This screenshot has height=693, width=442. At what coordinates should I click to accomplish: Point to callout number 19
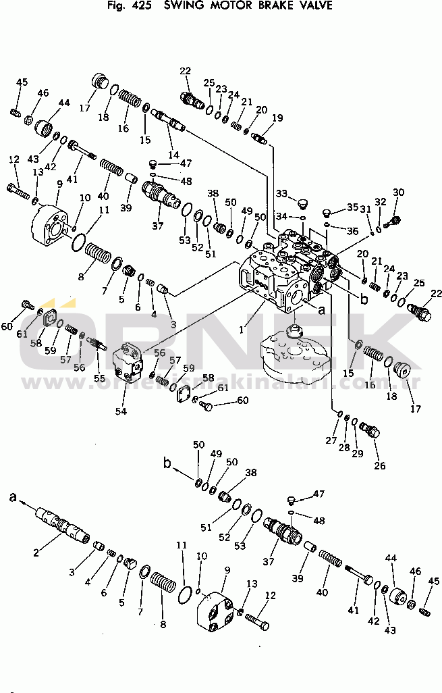pyautogui.click(x=277, y=118)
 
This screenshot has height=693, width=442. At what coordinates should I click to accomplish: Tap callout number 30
pyautogui.click(x=398, y=192)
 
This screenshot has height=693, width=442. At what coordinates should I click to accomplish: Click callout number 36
pyautogui.click(x=352, y=230)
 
